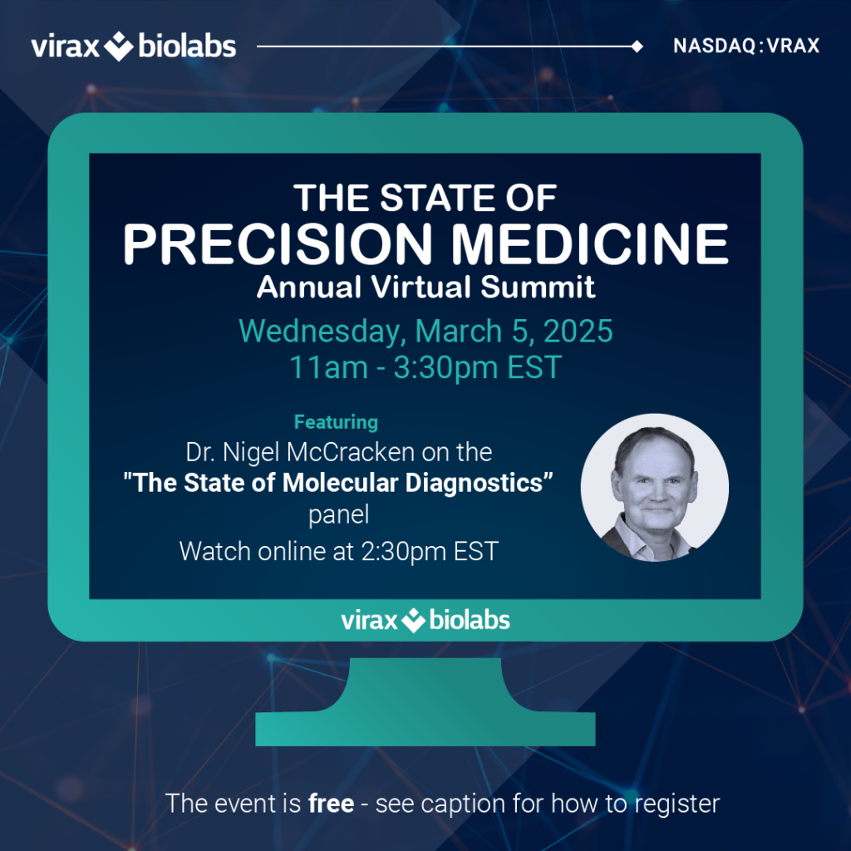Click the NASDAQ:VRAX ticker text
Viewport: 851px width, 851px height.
coord(746,47)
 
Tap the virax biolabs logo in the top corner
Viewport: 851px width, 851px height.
coord(134,47)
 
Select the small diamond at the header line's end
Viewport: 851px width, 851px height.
coord(637,47)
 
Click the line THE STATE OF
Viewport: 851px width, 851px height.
coord(425,198)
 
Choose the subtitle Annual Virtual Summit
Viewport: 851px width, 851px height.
coord(426,287)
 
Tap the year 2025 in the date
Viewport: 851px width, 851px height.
coord(578,331)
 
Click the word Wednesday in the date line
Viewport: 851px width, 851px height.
coord(322,332)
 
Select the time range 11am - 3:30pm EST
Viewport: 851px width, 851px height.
coord(425,367)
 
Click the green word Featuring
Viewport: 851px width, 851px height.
coord(336,422)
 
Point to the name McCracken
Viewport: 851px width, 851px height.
coord(351,452)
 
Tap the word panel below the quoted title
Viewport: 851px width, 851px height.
coord(339,515)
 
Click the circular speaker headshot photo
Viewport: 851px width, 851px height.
coord(655,487)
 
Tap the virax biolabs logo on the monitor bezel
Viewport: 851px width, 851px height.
coord(425,620)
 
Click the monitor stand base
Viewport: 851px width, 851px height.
coord(425,728)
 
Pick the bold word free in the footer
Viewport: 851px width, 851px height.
coord(331,804)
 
